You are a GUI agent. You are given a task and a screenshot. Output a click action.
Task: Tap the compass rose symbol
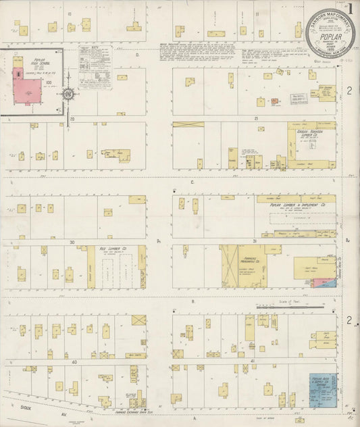[69, 95]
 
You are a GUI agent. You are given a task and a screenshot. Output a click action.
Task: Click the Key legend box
[95, 67]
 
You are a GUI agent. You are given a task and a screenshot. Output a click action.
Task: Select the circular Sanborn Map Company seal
[330, 32]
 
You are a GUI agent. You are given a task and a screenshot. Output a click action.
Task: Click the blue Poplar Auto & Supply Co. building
[322, 389]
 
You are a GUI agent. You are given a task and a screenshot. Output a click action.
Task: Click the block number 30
[70, 241]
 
